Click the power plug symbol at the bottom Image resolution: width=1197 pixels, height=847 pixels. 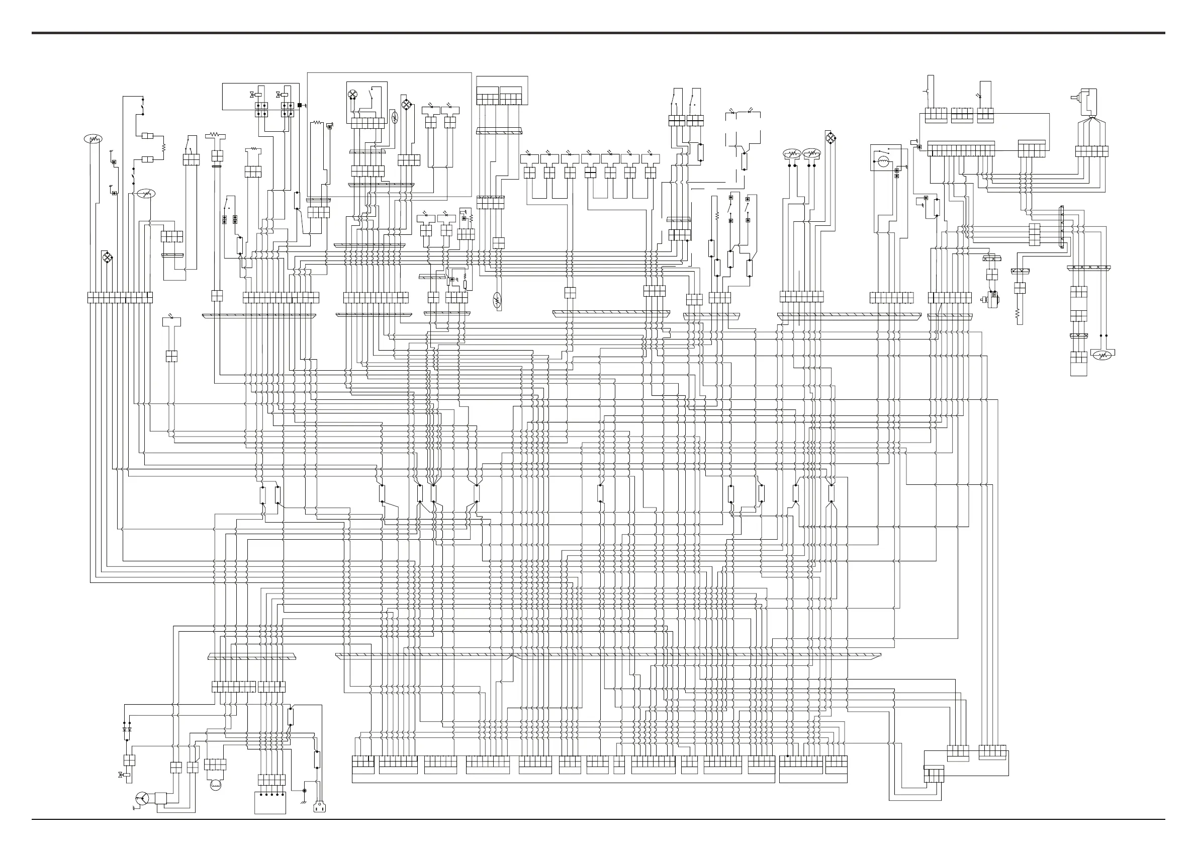point(320,807)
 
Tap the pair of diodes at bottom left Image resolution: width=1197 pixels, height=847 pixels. point(127,729)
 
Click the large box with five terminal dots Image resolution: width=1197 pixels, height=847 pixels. point(270,803)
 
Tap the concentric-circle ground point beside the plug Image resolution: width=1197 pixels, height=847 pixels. point(305,791)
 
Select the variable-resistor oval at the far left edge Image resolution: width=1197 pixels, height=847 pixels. point(93,139)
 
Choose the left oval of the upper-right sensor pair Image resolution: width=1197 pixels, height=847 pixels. point(791,153)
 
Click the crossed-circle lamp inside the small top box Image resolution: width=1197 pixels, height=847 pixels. point(353,95)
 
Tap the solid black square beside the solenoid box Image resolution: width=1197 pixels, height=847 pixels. point(300,105)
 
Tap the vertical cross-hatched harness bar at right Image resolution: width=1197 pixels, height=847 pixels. point(1061,227)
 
